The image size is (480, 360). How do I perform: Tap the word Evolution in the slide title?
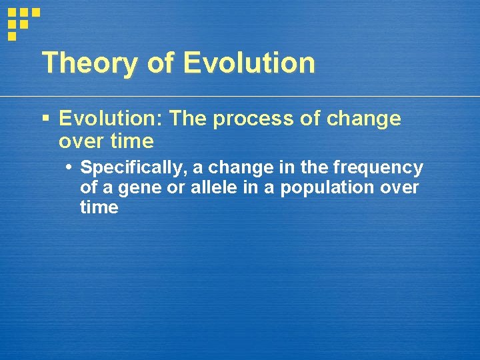pos(249,63)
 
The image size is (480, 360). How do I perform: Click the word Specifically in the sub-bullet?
pos(134,167)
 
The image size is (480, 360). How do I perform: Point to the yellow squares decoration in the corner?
pos(23,21)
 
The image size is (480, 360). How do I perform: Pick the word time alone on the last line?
pos(99,207)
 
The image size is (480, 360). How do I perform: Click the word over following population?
pos(399,187)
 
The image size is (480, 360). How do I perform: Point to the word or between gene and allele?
pos(176,187)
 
